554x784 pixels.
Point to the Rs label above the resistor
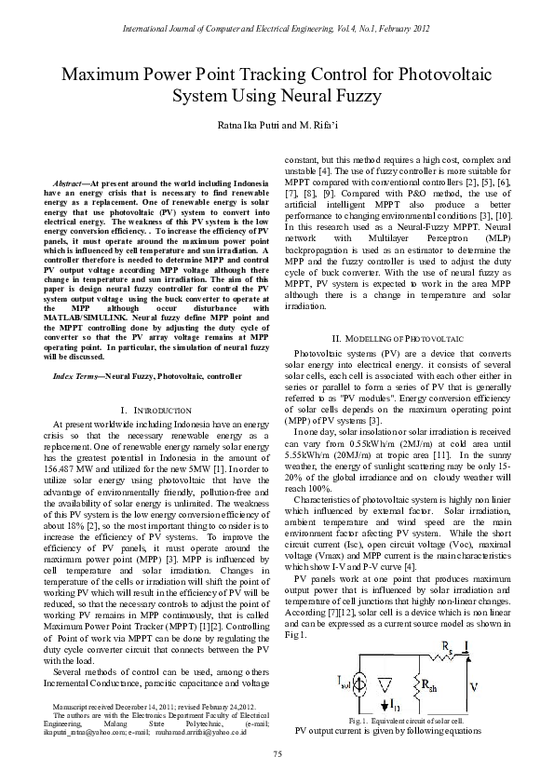pyautogui.click(x=448, y=643)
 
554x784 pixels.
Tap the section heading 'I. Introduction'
pyautogui.click(x=149, y=410)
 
